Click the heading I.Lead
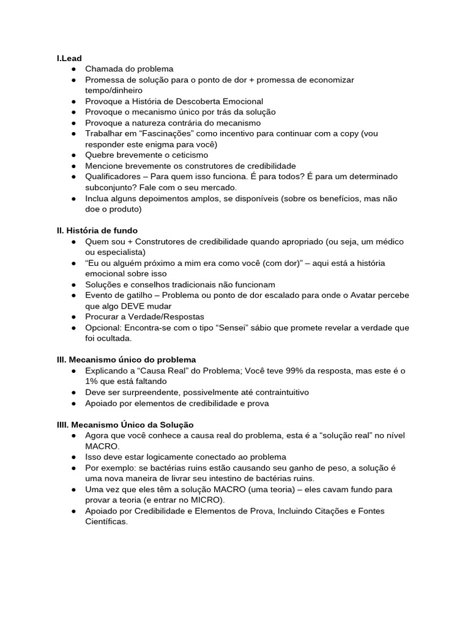(x=69, y=58)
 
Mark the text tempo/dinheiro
(x=114, y=90)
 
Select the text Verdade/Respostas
(x=162, y=317)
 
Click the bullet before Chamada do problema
(x=73, y=69)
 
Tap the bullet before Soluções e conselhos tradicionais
(x=73, y=285)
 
